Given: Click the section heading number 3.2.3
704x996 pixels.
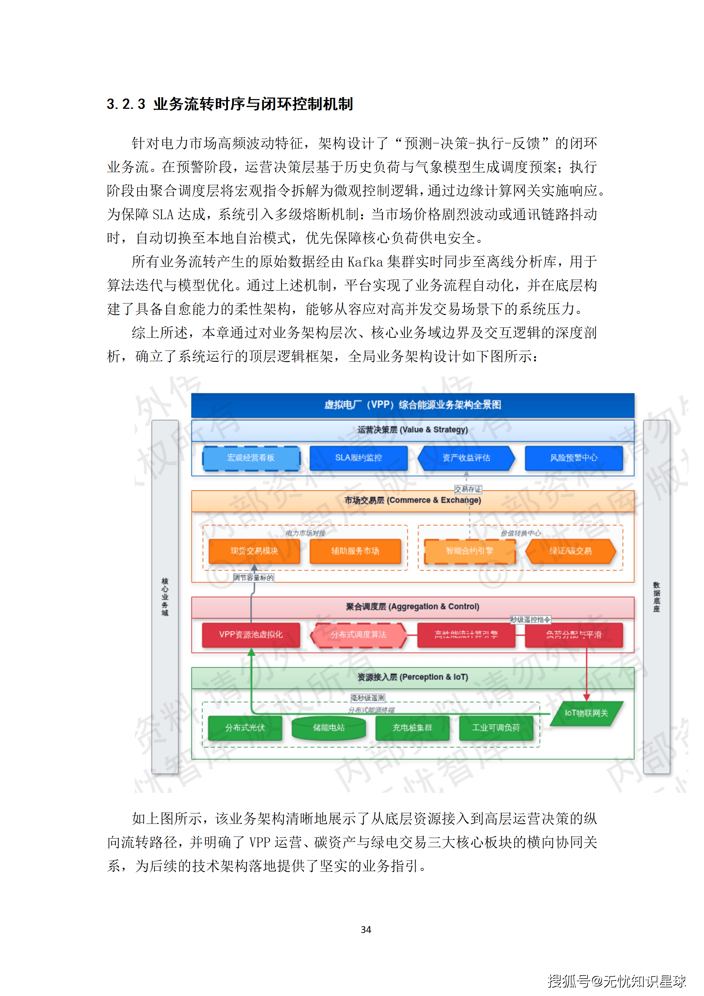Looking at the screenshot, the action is (126, 104).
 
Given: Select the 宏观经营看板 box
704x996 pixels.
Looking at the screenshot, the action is (251, 458).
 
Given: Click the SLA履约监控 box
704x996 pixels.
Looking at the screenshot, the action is (358, 458).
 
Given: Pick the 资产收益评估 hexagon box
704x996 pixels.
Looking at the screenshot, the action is (466, 458).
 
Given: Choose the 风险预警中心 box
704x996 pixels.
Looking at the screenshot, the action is (574, 458).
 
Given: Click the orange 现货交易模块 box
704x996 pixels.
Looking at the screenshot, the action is (254, 551).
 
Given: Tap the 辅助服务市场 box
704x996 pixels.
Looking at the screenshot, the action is (355, 551).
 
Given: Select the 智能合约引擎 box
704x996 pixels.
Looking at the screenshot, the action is (470, 551).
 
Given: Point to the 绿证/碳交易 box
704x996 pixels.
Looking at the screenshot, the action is (570, 551).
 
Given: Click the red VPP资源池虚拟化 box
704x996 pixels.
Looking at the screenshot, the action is (251, 635).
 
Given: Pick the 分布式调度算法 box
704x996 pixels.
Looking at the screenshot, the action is (358, 635).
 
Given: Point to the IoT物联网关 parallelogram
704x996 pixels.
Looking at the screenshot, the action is (586, 713).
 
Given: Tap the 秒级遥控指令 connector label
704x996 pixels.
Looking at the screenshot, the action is (530, 619).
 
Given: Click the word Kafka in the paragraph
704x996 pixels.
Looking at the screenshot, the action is (365, 262).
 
